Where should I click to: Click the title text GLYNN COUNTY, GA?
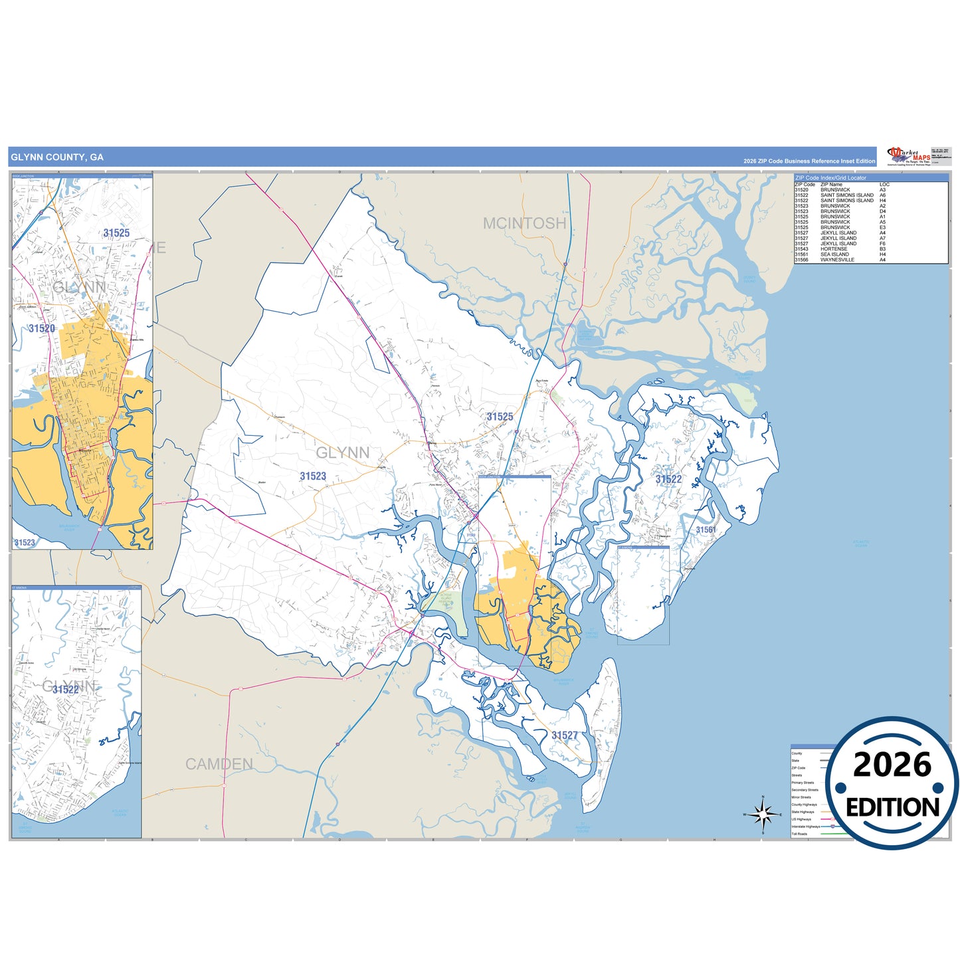click(x=57, y=157)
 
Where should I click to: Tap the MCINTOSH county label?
click(x=524, y=223)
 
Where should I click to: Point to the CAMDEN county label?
click(x=219, y=764)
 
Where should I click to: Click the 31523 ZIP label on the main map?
click(x=313, y=476)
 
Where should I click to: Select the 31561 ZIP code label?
click(x=706, y=529)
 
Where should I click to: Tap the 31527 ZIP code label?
click(x=565, y=735)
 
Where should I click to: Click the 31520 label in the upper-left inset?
click(x=42, y=328)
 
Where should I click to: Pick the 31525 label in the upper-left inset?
click(x=116, y=233)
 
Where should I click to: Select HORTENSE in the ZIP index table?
click(x=834, y=249)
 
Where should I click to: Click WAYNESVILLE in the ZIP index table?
click(x=837, y=260)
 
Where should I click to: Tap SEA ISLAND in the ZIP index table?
click(x=834, y=254)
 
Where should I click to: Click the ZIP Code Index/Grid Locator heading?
click(x=830, y=178)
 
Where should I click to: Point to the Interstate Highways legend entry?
click(x=806, y=826)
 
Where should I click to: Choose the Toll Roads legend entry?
click(x=799, y=834)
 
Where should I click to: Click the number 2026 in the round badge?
click(x=892, y=765)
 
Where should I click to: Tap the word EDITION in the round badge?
click(x=892, y=807)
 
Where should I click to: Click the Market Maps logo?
click(x=909, y=157)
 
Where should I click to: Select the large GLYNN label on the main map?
click(x=343, y=453)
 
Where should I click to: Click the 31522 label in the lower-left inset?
click(x=65, y=690)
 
